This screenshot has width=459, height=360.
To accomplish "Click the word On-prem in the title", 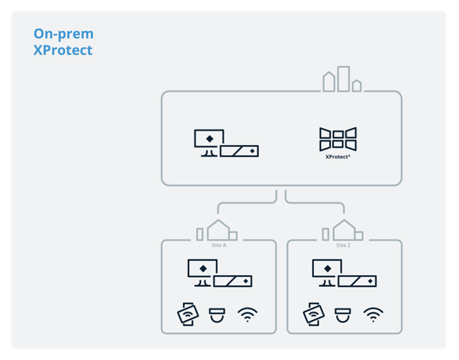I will tap(64, 34).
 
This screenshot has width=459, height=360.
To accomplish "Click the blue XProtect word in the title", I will tap(63, 51).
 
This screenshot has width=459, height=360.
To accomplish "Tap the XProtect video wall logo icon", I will tap(337, 139).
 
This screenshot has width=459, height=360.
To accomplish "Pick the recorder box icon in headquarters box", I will tap(240, 151).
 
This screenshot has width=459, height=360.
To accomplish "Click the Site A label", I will tap(219, 245).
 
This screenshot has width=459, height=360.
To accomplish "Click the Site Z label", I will tap(344, 245).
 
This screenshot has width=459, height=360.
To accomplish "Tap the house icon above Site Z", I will tap(343, 231).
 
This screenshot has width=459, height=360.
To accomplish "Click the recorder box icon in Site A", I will tap(233, 281).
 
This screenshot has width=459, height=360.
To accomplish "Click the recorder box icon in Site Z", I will tap(358, 281).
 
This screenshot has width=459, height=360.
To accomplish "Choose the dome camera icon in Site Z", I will tap(342, 314).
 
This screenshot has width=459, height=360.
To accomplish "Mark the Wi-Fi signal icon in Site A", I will tap(247, 314).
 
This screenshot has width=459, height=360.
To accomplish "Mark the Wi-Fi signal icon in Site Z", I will tap(372, 314).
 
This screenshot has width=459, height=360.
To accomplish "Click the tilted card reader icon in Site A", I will tap(187, 314).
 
